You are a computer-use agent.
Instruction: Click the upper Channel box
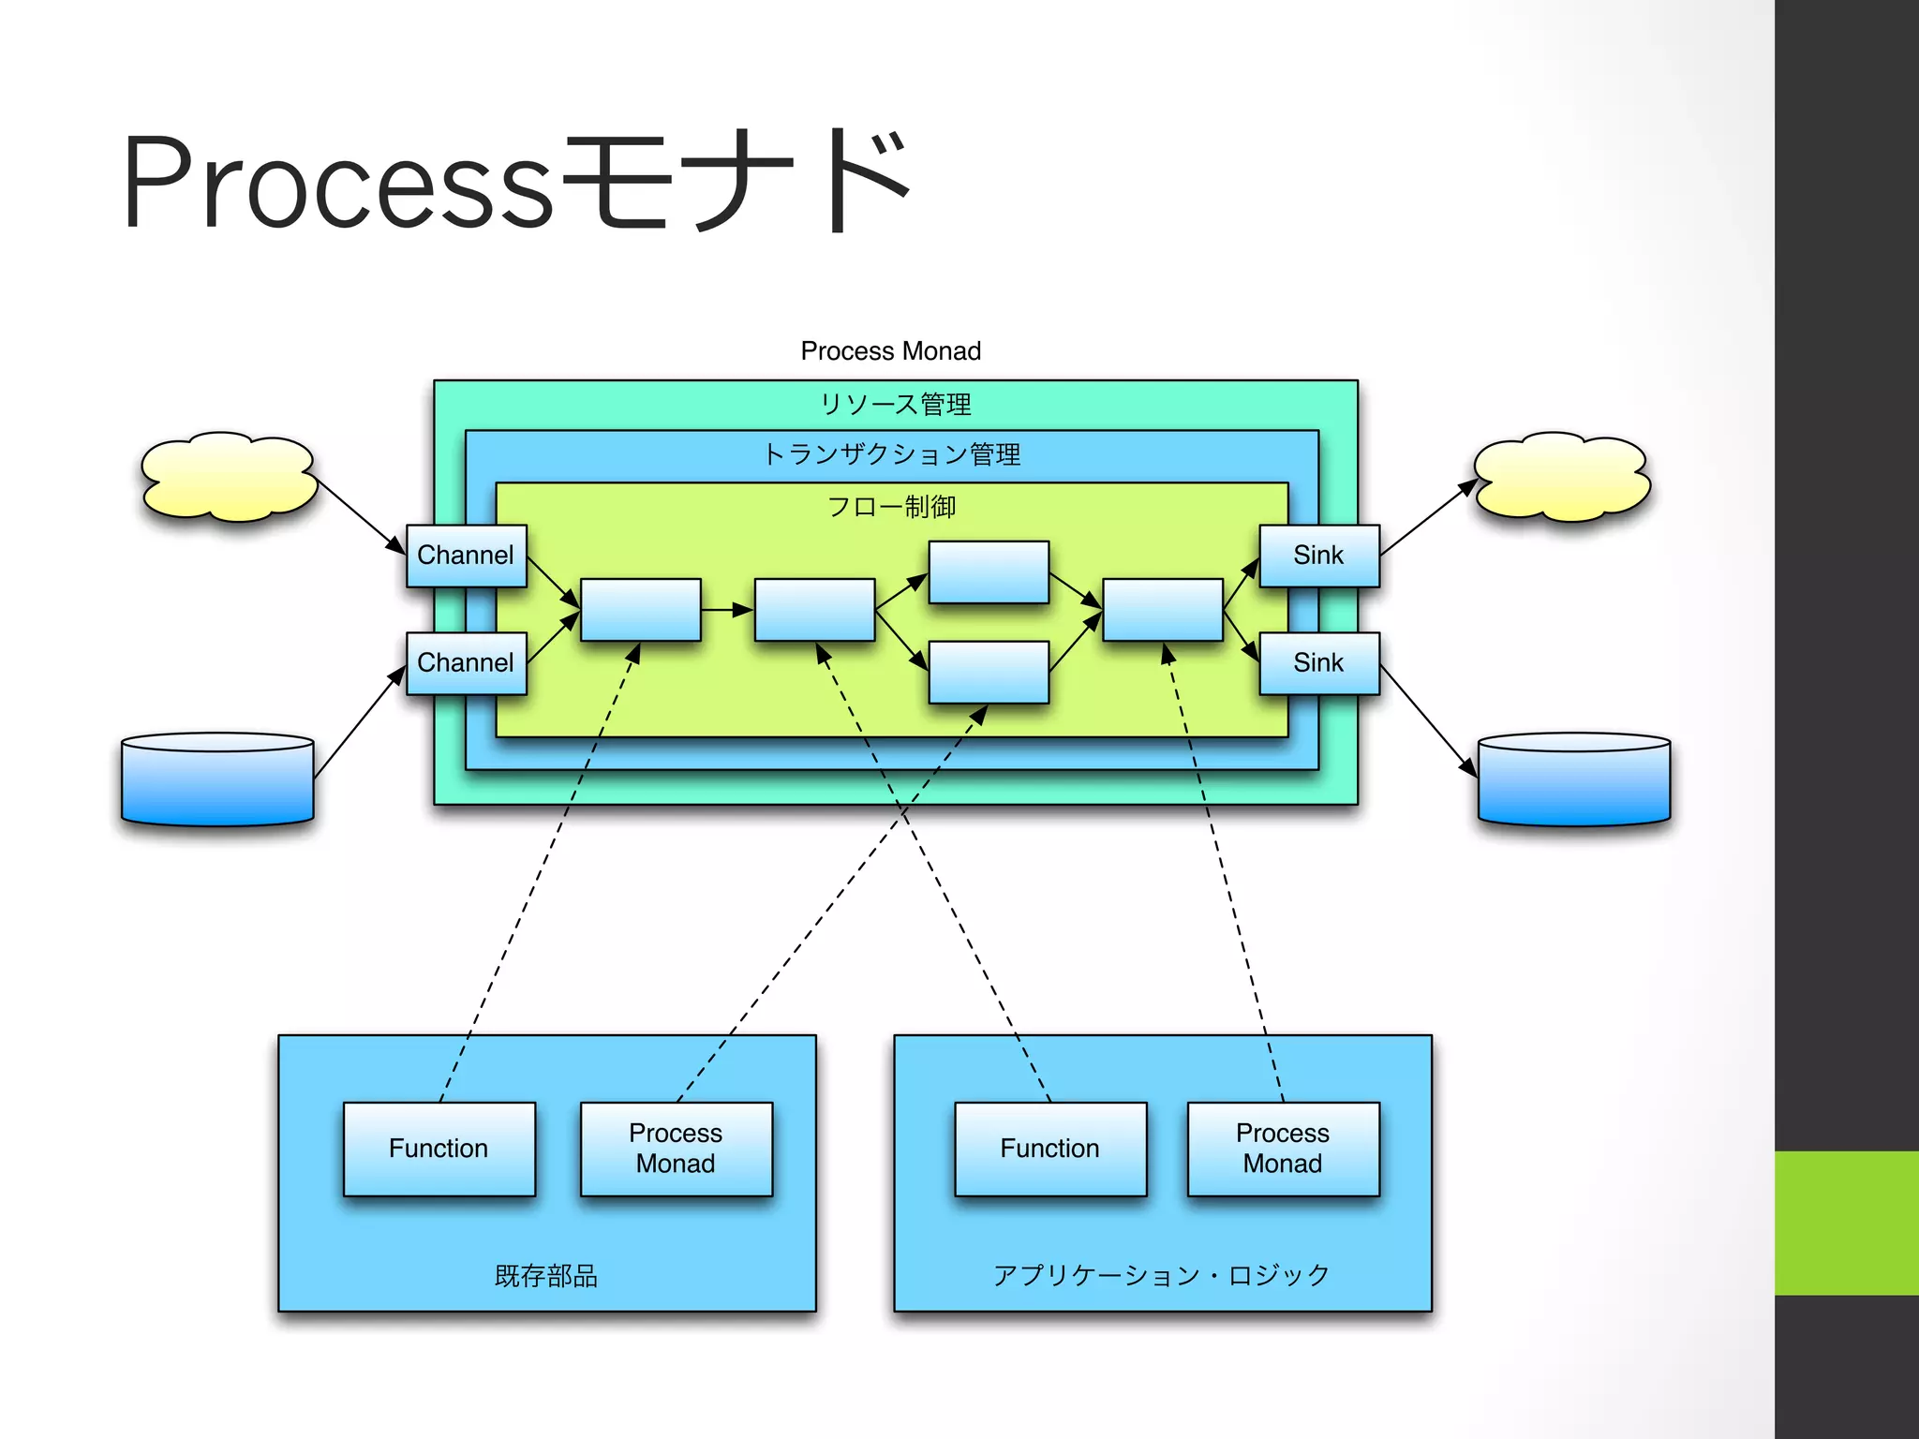click(466, 556)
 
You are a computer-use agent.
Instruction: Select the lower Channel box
click(466, 663)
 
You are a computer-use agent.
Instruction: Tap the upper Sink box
click(1318, 556)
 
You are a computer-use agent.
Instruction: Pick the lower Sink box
click(1318, 663)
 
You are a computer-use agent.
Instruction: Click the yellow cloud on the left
click(228, 477)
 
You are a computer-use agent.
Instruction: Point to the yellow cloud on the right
click(1561, 477)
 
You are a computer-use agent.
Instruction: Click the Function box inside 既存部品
click(439, 1149)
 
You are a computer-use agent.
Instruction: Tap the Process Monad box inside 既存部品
click(676, 1149)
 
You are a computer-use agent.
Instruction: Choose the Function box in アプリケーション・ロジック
click(1049, 1149)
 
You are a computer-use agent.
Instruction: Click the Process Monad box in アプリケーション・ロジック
click(1282, 1149)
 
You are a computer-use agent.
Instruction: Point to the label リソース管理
click(895, 405)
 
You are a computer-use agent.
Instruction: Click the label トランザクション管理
click(891, 455)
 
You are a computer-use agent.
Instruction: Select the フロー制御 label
click(891, 507)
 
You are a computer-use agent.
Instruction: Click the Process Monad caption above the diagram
click(890, 351)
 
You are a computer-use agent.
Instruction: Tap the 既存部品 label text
click(545, 1276)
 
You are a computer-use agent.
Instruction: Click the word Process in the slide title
click(337, 183)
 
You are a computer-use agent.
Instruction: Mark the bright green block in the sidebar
click(1846, 1223)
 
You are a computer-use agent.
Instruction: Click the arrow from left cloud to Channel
click(360, 515)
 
